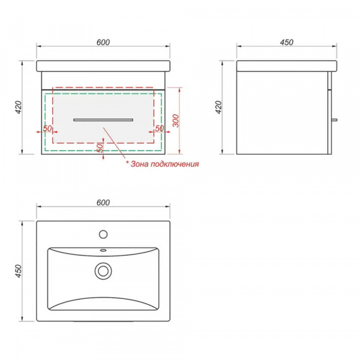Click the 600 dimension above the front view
pos(103,42)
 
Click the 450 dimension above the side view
pos(287,42)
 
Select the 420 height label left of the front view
pos(19,107)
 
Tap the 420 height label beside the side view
pos(219,107)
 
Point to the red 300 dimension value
pos(176,121)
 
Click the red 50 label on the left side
pos(47,128)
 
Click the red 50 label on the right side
pos(160,128)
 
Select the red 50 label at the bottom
pos(100,148)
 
